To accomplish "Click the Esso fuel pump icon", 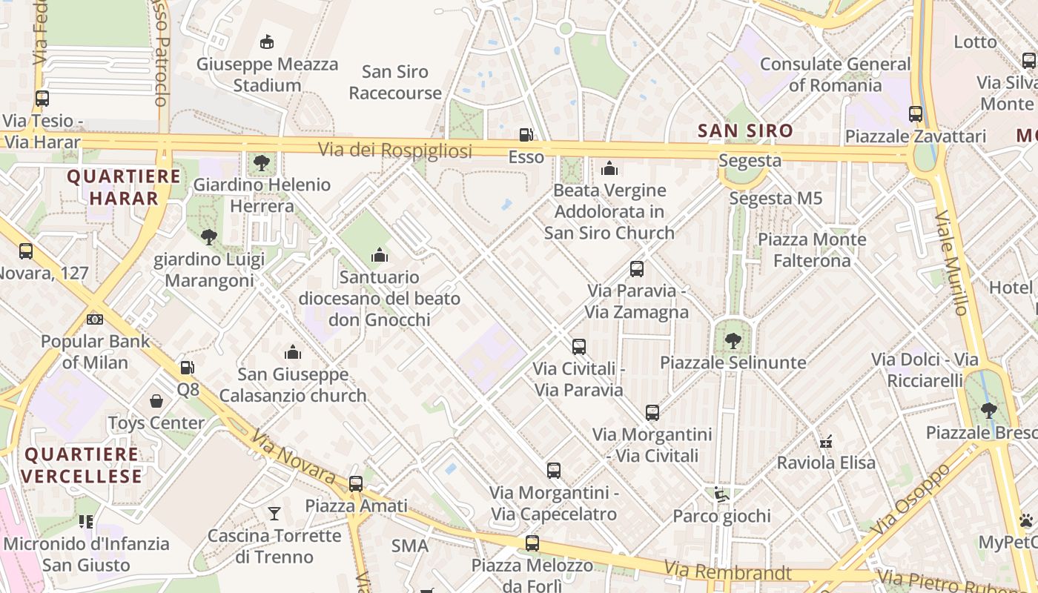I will tap(526, 135).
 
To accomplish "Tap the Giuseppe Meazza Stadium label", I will tap(267, 74).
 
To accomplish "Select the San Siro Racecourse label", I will tap(395, 82).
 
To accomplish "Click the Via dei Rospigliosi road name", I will tap(395, 150).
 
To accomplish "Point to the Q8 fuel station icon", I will tap(188, 367).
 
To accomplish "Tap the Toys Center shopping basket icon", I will tap(156, 401).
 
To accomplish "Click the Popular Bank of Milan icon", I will tap(95, 319).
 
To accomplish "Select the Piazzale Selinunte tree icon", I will tap(733, 341).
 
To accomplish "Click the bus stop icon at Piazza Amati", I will tap(356, 484).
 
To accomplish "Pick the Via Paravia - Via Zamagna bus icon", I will tap(637, 268).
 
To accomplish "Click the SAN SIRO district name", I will tap(745, 131).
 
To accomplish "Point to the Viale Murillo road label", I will tap(951, 263).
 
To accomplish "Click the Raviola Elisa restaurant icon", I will tap(826, 442).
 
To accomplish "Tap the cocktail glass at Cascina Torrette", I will tap(274, 513).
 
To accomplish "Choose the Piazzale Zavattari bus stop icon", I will tap(916, 114).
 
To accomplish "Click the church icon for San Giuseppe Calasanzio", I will tap(293, 352).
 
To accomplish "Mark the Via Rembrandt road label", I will tap(727, 571).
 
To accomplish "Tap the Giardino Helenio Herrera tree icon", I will tap(261, 162).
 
